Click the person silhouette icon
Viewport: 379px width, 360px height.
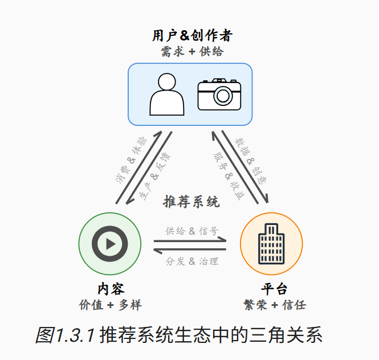[166, 95]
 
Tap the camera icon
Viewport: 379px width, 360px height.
[219, 94]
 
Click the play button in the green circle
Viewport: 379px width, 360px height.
[110, 244]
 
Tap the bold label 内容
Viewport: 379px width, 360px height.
[111, 288]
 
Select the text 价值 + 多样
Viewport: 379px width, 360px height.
[110, 305]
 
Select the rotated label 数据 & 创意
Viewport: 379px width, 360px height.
[251, 159]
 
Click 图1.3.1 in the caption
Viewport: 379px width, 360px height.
[64, 336]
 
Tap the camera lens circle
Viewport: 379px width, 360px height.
[219, 96]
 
